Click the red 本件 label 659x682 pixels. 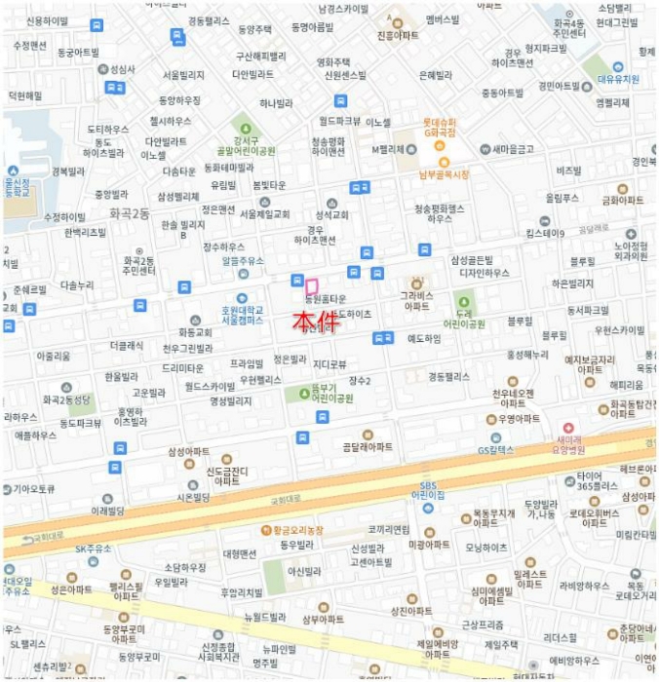tap(316, 322)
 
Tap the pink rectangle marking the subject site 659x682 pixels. tap(312, 286)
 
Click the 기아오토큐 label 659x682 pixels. tap(34, 488)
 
